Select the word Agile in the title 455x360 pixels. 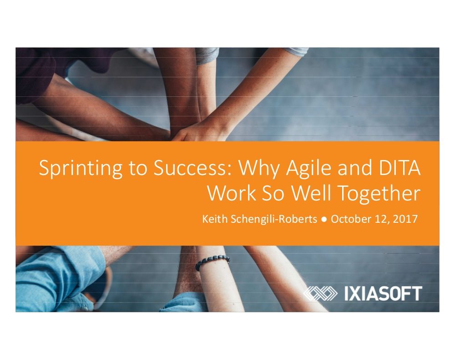[x=308, y=169]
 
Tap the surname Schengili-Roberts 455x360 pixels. [x=273, y=219]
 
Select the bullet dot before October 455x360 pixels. [x=324, y=220]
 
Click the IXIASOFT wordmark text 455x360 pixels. [x=383, y=293]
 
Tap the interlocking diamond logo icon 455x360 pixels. [x=320, y=293]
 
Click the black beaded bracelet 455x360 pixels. [x=212, y=261]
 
